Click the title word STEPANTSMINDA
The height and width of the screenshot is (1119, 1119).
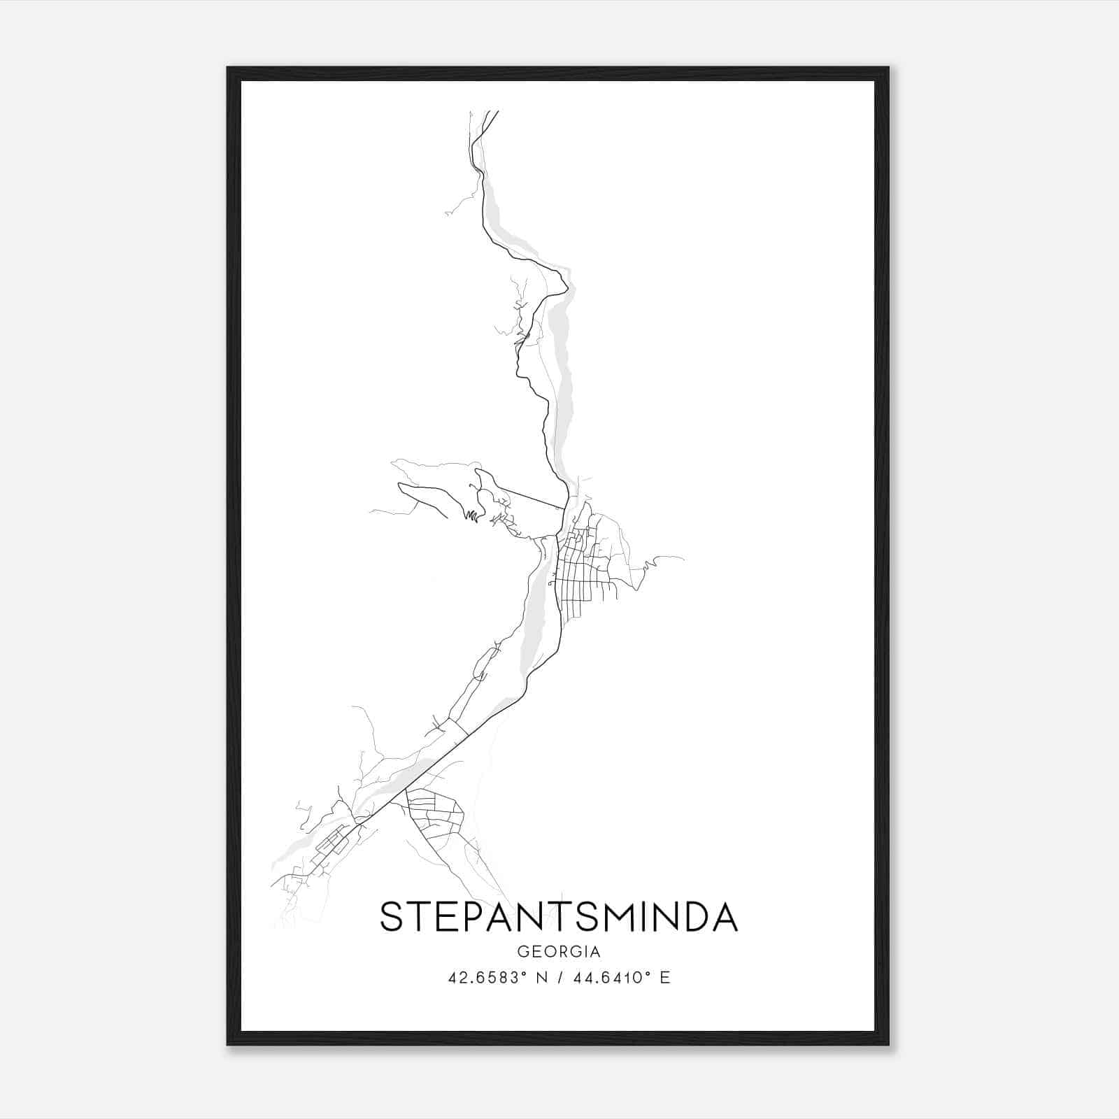click(559, 917)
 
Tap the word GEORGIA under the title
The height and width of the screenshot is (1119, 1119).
click(559, 952)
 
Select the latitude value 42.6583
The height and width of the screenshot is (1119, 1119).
click(483, 978)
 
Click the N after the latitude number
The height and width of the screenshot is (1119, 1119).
click(539, 978)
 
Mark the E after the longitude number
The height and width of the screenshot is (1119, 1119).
click(665, 978)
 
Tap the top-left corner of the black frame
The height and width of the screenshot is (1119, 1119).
click(228, 68)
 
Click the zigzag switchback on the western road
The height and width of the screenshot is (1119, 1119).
click(473, 517)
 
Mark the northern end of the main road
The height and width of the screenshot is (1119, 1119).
click(497, 111)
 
